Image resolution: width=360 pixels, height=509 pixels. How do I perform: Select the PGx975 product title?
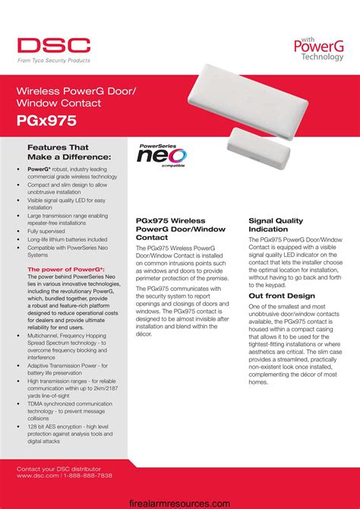47,120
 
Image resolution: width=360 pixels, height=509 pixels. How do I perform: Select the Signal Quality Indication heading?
276,225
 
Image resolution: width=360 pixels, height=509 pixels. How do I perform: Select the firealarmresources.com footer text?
179,502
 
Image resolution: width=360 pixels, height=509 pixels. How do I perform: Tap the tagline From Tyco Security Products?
55,60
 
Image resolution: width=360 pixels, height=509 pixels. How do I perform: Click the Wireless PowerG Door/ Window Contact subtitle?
76,96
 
